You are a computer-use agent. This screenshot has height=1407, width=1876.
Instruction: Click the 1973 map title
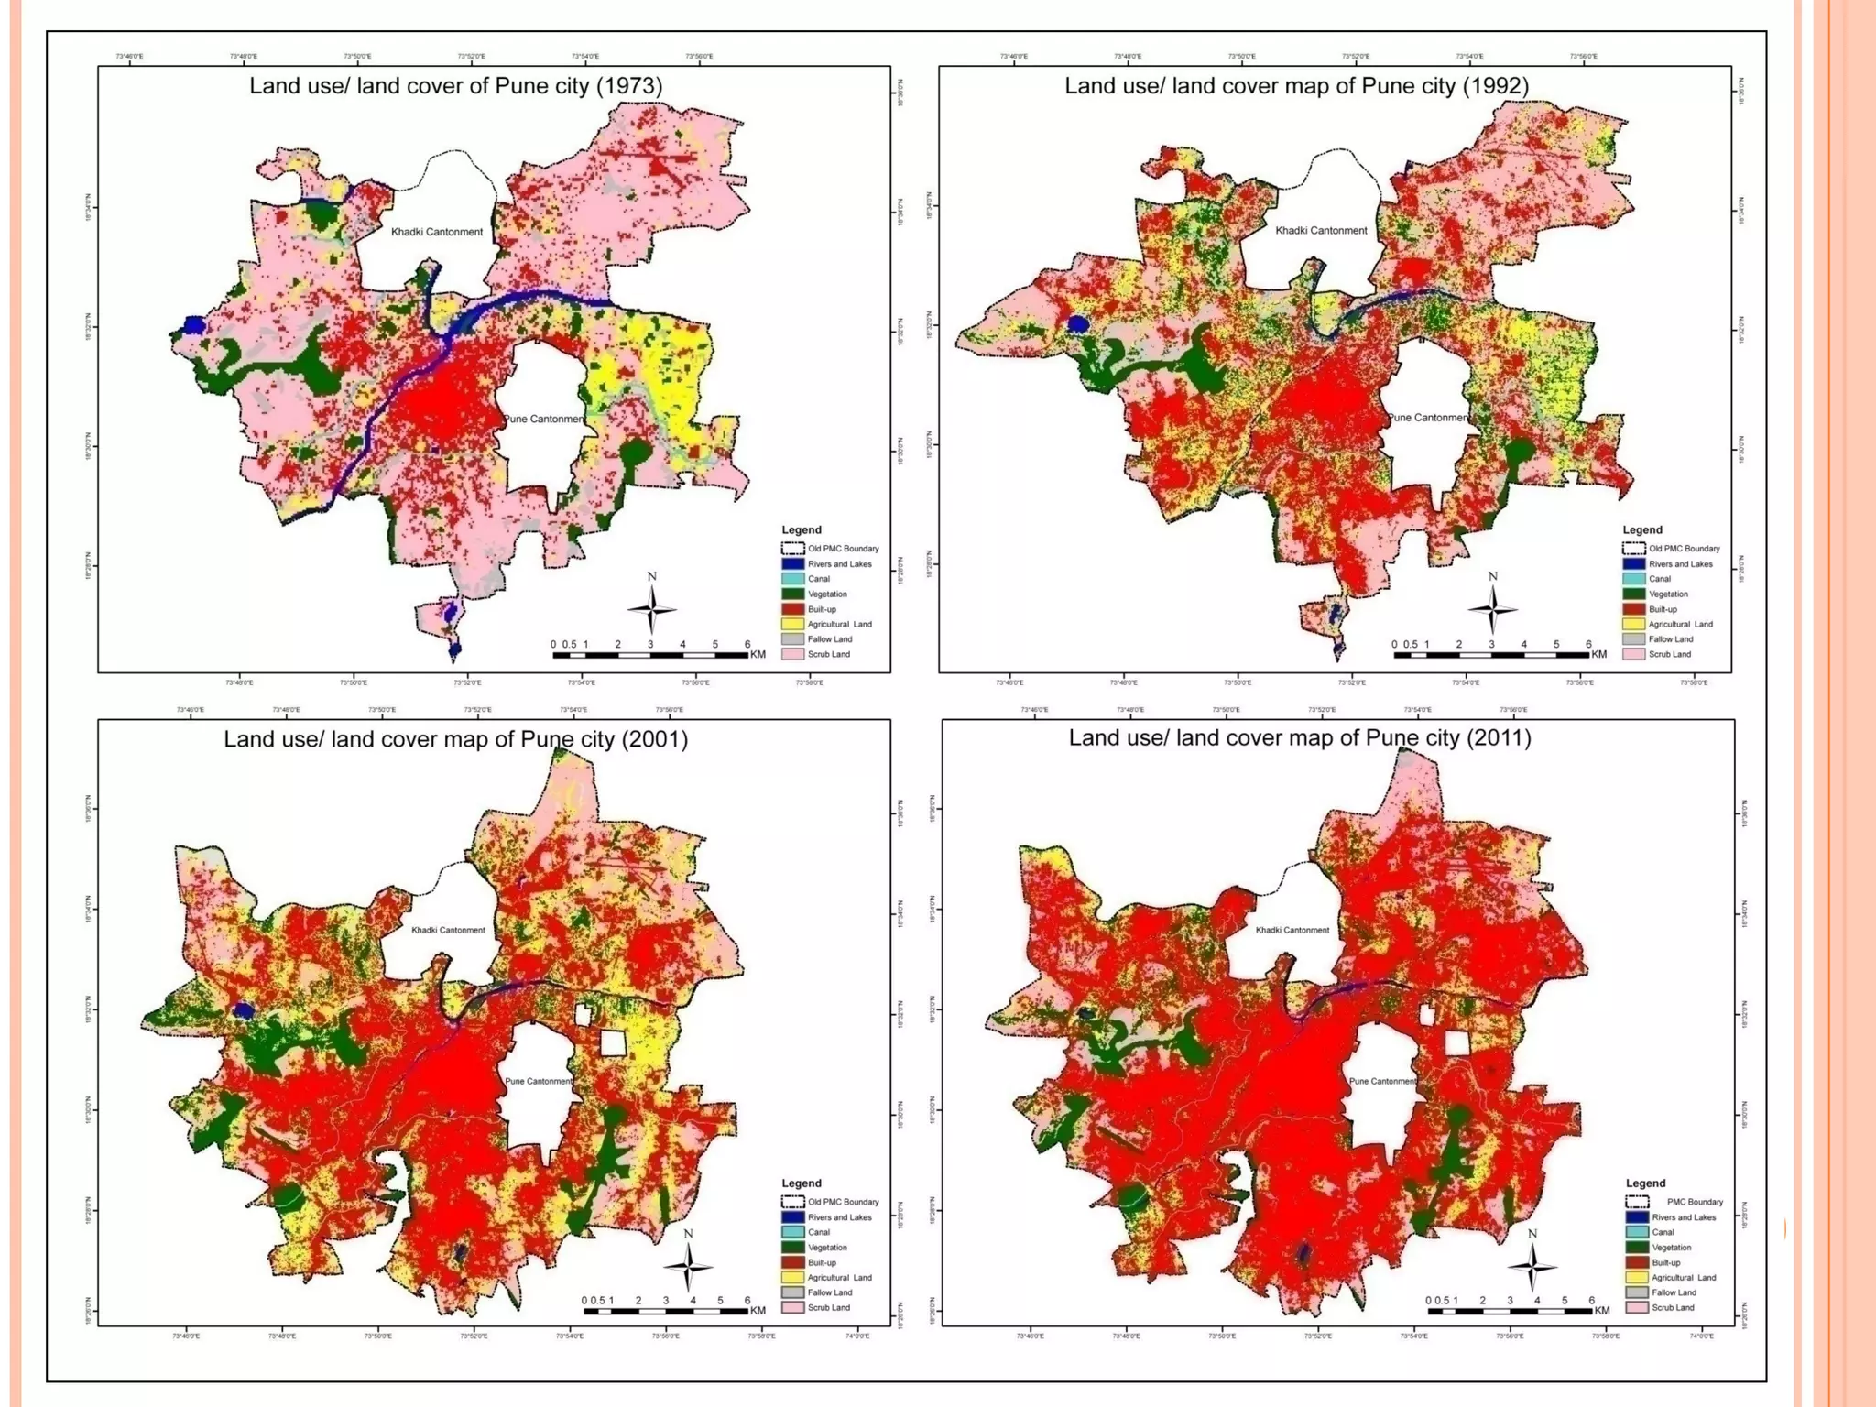click(x=455, y=86)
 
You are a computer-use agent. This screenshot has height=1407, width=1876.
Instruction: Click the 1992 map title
click(x=1296, y=86)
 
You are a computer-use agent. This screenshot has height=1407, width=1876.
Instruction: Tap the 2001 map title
click(x=455, y=739)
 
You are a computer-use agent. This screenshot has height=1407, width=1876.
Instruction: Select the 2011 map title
click(x=1300, y=738)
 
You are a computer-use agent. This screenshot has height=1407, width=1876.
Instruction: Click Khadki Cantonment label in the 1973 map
click(x=436, y=232)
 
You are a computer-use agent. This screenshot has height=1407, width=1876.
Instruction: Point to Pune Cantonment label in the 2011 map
click(x=1382, y=1081)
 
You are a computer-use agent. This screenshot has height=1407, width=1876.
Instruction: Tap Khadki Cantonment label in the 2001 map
click(x=448, y=930)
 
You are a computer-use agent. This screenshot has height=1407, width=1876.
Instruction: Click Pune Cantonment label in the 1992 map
click(x=1428, y=418)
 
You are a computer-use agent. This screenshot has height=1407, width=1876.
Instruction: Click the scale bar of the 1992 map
click(x=1490, y=654)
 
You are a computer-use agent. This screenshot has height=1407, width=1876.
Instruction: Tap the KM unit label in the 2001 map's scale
click(x=758, y=1311)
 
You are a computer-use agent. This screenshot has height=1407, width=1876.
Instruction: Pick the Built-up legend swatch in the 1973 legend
click(x=792, y=609)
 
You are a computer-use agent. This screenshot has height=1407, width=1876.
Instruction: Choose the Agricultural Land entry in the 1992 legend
click(x=1680, y=625)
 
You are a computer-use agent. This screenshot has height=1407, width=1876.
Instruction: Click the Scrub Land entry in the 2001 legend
click(x=828, y=1308)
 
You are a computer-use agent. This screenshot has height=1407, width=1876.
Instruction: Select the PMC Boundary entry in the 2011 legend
click(x=1694, y=1202)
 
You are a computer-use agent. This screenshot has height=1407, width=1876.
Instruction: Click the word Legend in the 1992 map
click(x=1641, y=529)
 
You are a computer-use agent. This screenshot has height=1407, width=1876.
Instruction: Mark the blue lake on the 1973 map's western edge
click(x=194, y=324)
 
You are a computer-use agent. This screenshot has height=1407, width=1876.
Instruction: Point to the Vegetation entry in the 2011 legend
click(x=1671, y=1248)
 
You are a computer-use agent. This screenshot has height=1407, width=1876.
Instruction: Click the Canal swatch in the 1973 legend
click(x=792, y=579)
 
